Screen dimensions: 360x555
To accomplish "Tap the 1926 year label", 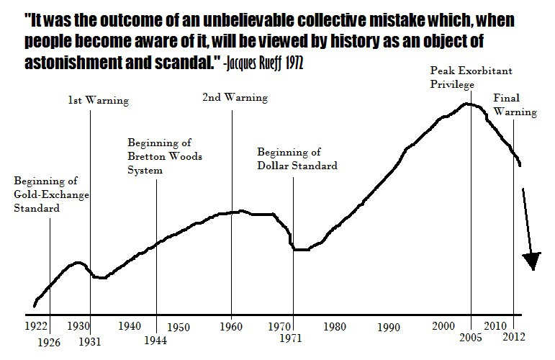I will (x=50, y=341).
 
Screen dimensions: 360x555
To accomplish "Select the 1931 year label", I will (x=91, y=341).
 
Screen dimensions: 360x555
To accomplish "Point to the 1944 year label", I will (x=155, y=341).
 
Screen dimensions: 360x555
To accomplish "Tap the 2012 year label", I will (x=514, y=337).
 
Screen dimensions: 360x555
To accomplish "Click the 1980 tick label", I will (x=335, y=325).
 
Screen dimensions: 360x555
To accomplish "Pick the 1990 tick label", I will (x=388, y=328).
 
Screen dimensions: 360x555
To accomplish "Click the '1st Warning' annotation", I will (x=92, y=100).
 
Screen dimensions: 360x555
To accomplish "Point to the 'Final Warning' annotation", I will (x=514, y=105).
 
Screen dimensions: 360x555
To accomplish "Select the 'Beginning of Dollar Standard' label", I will (x=297, y=158).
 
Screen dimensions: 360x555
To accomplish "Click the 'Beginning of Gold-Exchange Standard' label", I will (x=45, y=194).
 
